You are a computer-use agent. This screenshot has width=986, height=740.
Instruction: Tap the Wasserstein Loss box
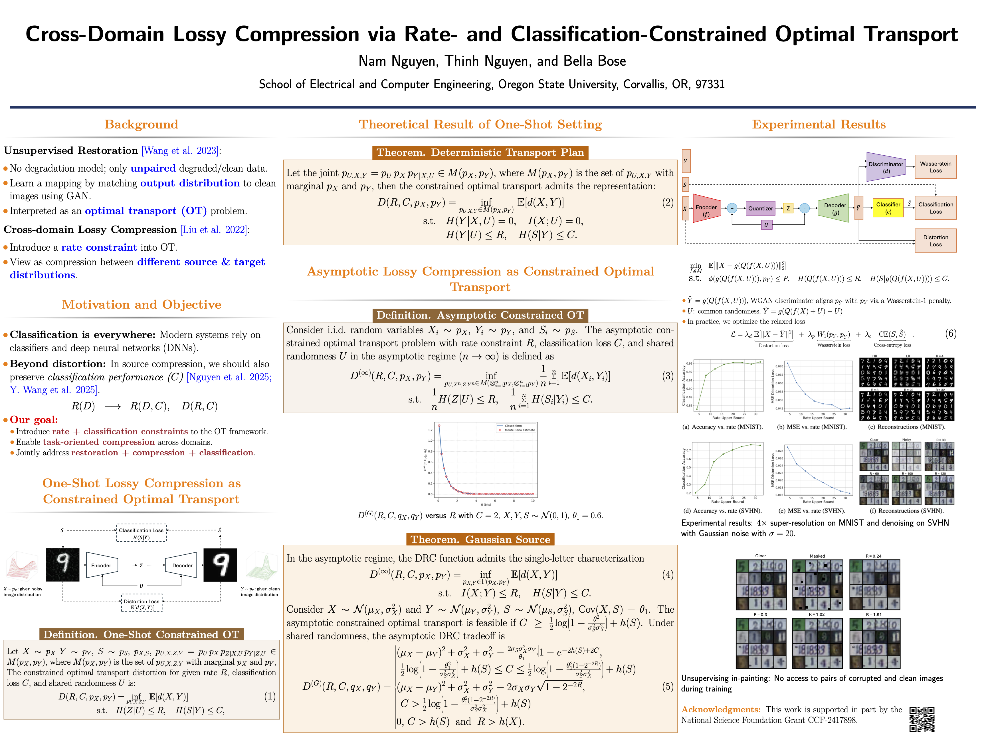[x=935, y=167]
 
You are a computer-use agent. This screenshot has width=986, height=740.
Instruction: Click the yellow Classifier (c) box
[x=888, y=208]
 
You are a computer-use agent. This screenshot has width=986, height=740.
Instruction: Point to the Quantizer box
[x=760, y=208]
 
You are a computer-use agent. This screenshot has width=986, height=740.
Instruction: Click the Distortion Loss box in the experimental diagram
[x=935, y=241]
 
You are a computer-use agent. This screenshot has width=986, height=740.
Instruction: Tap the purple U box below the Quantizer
[x=766, y=225]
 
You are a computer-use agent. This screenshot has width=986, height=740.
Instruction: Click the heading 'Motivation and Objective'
[x=141, y=305]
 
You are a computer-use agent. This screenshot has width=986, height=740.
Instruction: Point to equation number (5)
[x=667, y=687]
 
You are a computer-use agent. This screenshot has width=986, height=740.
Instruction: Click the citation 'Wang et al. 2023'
[x=180, y=151]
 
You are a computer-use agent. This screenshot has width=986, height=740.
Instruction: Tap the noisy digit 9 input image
[x=63, y=565]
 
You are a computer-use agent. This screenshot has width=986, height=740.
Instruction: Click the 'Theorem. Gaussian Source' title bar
[x=480, y=539]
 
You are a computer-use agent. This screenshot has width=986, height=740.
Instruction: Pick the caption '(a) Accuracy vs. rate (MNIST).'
[x=722, y=427]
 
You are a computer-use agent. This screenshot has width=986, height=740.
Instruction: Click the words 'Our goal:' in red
[x=34, y=420]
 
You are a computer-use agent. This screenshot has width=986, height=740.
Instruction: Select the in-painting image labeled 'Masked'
[x=817, y=584]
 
